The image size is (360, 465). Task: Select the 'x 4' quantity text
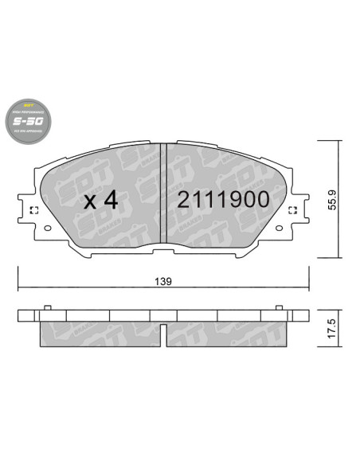(x=100, y=200)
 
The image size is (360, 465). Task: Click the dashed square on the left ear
(x=33, y=211)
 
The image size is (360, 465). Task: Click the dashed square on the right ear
(x=292, y=211)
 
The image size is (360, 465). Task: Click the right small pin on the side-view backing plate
(x=279, y=307)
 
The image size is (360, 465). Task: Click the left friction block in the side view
(x=99, y=334)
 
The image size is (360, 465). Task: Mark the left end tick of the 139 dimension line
(x=18, y=287)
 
